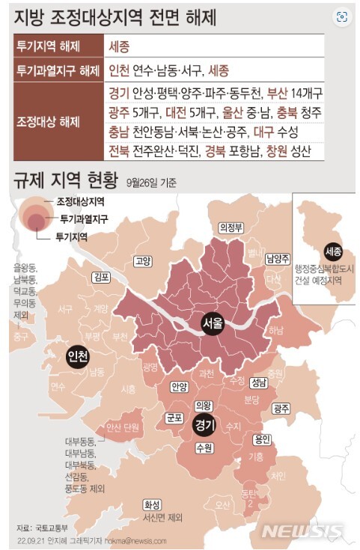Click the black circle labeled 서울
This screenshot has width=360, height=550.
pos(213,323)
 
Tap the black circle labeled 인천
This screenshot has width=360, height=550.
pos(76,354)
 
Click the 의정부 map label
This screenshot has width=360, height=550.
pos(231,227)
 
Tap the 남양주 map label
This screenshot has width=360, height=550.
pos(277,258)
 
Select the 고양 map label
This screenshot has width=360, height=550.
pos(142,261)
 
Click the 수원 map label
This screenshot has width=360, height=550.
pos(204,448)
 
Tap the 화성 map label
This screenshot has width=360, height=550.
pos(153,504)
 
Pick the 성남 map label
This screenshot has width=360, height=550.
pos(259,382)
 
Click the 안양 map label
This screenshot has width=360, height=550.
pos(179,388)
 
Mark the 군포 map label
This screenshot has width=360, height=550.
pos(174,418)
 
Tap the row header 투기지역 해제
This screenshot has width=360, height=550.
pos(49,46)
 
